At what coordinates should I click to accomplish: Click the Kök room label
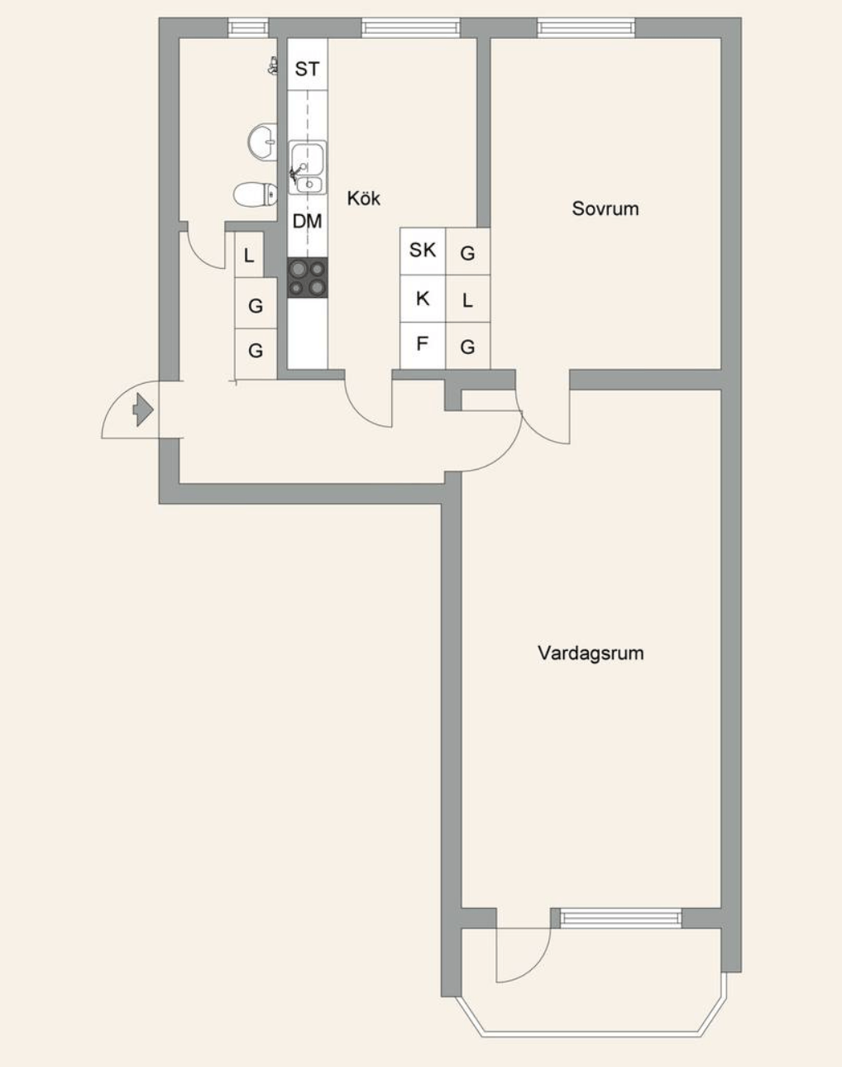[363, 199]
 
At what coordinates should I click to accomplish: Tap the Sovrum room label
[605, 208]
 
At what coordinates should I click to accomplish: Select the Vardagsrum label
[591, 653]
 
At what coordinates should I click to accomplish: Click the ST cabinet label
[308, 69]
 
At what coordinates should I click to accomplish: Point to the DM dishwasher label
[308, 221]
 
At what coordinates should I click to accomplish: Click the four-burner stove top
[308, 278]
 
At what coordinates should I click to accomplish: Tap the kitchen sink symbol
[308, 168]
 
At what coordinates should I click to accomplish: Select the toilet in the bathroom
[256, 194]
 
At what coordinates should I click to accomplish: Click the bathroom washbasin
[262, 141]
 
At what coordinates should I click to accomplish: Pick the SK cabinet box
[423, 251]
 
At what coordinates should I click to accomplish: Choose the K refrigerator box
[423, 299]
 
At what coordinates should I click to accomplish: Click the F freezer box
[423, 345]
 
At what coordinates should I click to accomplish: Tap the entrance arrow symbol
[143, 409]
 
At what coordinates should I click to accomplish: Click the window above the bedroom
[586, 28]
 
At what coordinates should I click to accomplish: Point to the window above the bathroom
[248, 28]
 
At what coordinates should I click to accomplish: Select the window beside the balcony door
[621, 918]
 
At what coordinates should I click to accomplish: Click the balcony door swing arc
[536, 966]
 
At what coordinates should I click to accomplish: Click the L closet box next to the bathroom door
[249, 255]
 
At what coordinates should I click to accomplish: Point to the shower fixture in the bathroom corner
[272, 65]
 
